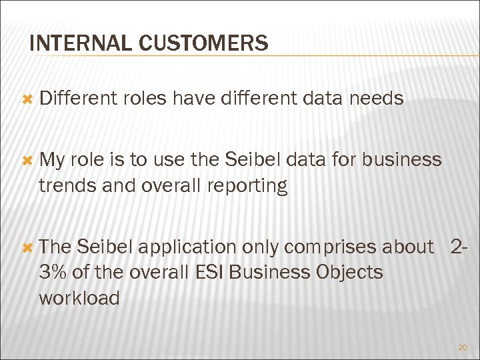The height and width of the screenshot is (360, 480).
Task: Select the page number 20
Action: (463, 347)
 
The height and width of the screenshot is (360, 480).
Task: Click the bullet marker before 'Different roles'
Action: (27, 99)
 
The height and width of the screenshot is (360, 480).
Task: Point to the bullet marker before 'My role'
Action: (27, 160)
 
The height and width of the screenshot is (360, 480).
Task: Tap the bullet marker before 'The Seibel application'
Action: (27, 247)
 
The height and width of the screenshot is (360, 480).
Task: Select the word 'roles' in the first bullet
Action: (145, 99)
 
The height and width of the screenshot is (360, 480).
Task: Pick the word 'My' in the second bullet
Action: (51, 160)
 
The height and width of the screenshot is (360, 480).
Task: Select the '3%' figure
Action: (52, 273)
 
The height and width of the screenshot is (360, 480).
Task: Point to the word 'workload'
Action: (79, 298)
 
